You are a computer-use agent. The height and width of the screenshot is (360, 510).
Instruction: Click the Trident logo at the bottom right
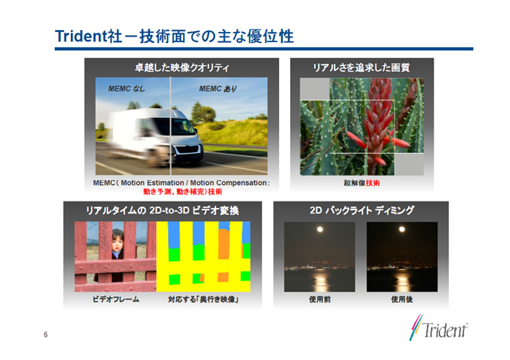tap(438, 328)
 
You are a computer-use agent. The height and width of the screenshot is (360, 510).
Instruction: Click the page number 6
tap(45, 335)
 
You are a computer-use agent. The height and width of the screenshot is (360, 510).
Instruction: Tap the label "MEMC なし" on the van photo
tap(127, 88)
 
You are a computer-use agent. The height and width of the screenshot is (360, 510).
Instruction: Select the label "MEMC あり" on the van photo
tap(218, 88)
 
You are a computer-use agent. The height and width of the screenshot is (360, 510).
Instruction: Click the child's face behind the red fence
tap(118, 242)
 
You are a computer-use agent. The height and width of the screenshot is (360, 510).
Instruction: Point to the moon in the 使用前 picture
tap(320, 229)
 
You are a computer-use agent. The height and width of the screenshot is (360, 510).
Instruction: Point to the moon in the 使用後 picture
tap(402, 229)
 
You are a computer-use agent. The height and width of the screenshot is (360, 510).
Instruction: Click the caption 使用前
tap(320, 299)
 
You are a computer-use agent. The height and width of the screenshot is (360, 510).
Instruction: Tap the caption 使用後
tap(402, 299)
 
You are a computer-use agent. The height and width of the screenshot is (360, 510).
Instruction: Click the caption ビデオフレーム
tap(116, 299)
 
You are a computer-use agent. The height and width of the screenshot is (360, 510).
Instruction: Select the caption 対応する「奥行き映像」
tap(204, 299)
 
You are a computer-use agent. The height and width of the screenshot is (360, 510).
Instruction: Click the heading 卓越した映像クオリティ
tap(182, 68)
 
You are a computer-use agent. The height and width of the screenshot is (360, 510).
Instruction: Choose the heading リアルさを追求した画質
tap(361, 68)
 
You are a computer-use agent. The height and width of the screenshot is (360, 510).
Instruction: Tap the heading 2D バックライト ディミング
tap(362, 210)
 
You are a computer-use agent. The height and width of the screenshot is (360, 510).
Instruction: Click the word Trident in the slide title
tap(81, 36)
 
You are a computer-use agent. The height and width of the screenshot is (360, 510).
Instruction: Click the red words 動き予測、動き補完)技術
tap(182, 191)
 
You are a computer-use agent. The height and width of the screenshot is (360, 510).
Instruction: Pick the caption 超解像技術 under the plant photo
tap(362, 183)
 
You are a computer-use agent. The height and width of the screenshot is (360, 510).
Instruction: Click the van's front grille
tap(188, 151)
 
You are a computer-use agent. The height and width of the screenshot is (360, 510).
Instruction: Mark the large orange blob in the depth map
tap(224, 244)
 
